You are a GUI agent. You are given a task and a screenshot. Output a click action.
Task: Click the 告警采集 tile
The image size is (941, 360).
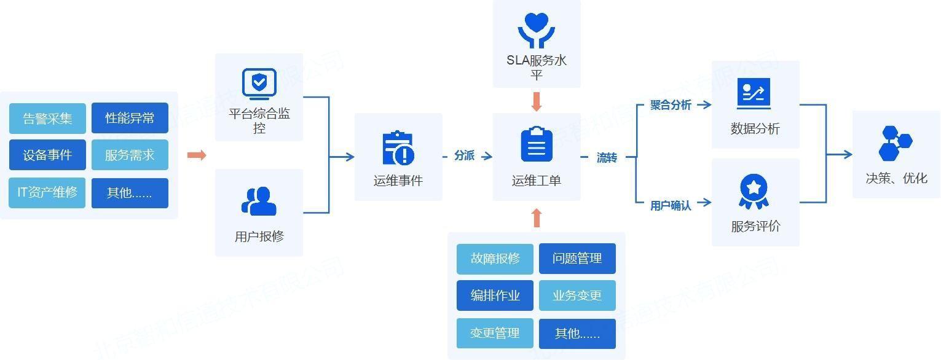47,119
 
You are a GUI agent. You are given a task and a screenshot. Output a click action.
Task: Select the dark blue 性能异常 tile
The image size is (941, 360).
130,118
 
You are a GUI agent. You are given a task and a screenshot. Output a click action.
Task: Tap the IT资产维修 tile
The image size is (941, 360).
47,193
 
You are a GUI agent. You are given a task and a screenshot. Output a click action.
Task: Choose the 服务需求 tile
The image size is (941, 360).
130,155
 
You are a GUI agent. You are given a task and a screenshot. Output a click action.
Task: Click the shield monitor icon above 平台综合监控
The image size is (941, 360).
259,84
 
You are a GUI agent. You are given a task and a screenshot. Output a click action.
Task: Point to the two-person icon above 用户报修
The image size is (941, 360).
259,201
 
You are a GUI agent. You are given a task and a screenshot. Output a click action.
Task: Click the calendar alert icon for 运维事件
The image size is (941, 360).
398,149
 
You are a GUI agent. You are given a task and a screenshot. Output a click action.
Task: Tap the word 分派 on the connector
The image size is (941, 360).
465,156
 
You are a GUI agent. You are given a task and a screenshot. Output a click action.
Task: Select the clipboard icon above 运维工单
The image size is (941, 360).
537,145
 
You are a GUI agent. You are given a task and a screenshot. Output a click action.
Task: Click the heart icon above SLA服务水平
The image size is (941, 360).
537,29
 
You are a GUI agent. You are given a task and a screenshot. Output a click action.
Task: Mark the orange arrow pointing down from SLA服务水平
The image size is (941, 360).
537,101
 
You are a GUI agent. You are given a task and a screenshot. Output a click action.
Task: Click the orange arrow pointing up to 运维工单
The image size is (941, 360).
537,217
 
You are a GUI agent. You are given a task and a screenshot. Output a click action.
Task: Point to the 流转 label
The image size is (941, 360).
607,158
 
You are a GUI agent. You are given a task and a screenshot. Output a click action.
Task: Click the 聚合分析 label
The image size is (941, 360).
671,105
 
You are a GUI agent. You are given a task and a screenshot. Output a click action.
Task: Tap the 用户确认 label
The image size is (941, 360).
671,206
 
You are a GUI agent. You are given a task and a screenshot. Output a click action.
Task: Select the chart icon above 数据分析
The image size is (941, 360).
754,94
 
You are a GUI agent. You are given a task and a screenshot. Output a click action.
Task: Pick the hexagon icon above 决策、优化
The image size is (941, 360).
896,143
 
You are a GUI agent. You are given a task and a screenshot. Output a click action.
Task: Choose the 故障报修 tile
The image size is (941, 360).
495,259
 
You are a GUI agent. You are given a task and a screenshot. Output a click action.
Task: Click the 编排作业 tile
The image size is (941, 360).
495,295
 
